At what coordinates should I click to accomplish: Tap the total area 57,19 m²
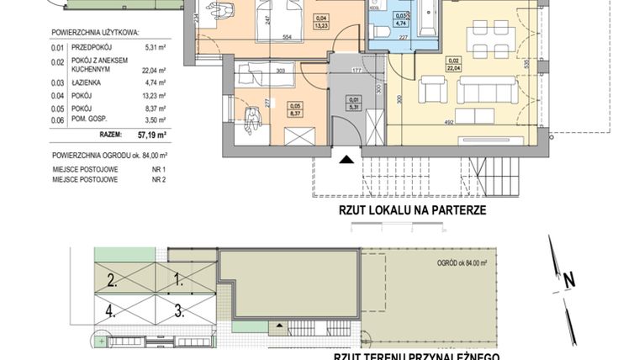tap(151, 133)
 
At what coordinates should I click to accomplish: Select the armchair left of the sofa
tap(434, 88)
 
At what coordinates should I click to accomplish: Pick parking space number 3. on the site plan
tap(178, 309)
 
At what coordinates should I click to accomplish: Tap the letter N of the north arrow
tap(568, 279)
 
